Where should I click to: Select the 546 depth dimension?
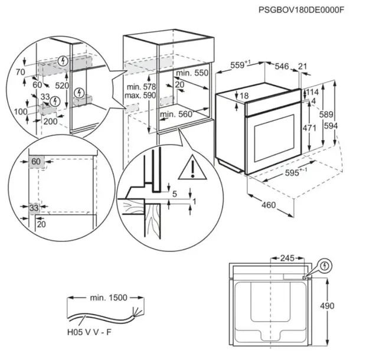tap(282, 67)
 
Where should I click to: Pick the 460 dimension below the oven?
tap(269, 205)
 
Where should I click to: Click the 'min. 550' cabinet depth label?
tap(192, 73)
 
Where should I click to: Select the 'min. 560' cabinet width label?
tap(177, 114)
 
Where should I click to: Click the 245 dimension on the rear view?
tap(287, 258)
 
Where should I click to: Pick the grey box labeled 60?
tap(36, 162)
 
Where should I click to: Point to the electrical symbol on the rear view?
tap(323, 267)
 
